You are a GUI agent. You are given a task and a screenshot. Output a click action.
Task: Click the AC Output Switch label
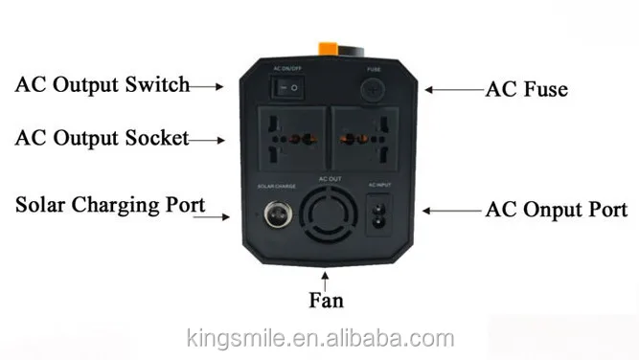(102, 85)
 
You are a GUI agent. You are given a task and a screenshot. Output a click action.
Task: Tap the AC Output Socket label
(102, 138)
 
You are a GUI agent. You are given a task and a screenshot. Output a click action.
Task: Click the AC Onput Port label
(557, 209)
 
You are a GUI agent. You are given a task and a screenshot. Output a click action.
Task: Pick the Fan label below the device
(326, 300)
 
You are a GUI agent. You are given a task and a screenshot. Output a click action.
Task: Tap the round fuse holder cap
(374, 90)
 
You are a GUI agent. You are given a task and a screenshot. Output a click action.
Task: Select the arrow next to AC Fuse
(451, 89)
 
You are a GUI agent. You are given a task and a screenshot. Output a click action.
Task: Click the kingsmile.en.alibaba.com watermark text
(318, 339)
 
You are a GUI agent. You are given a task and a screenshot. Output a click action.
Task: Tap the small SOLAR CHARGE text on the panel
(275, 184)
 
